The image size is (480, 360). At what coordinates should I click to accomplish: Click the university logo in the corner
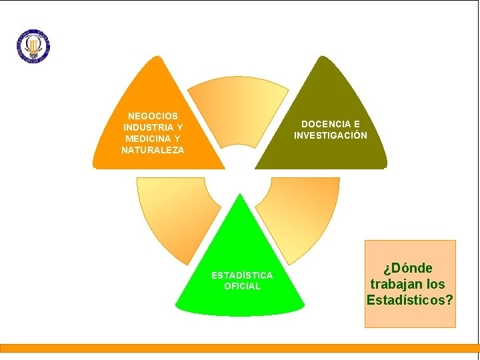click(33, 45)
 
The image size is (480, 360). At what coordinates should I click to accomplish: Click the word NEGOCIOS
click(153, 116)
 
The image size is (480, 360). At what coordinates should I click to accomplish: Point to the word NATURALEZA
click(153, 150)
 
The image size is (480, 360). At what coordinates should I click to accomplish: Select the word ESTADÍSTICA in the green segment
click(242, 275)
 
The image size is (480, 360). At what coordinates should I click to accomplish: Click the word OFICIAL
click(242, 286)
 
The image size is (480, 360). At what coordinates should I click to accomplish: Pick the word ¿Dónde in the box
click(408, 268)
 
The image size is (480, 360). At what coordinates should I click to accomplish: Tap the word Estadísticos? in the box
click(410, 299)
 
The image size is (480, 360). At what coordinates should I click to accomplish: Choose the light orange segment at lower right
click(303, 213)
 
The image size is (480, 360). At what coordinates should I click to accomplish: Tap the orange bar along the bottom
click(239, 347)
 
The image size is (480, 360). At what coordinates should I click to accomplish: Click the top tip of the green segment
click(239, 196)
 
